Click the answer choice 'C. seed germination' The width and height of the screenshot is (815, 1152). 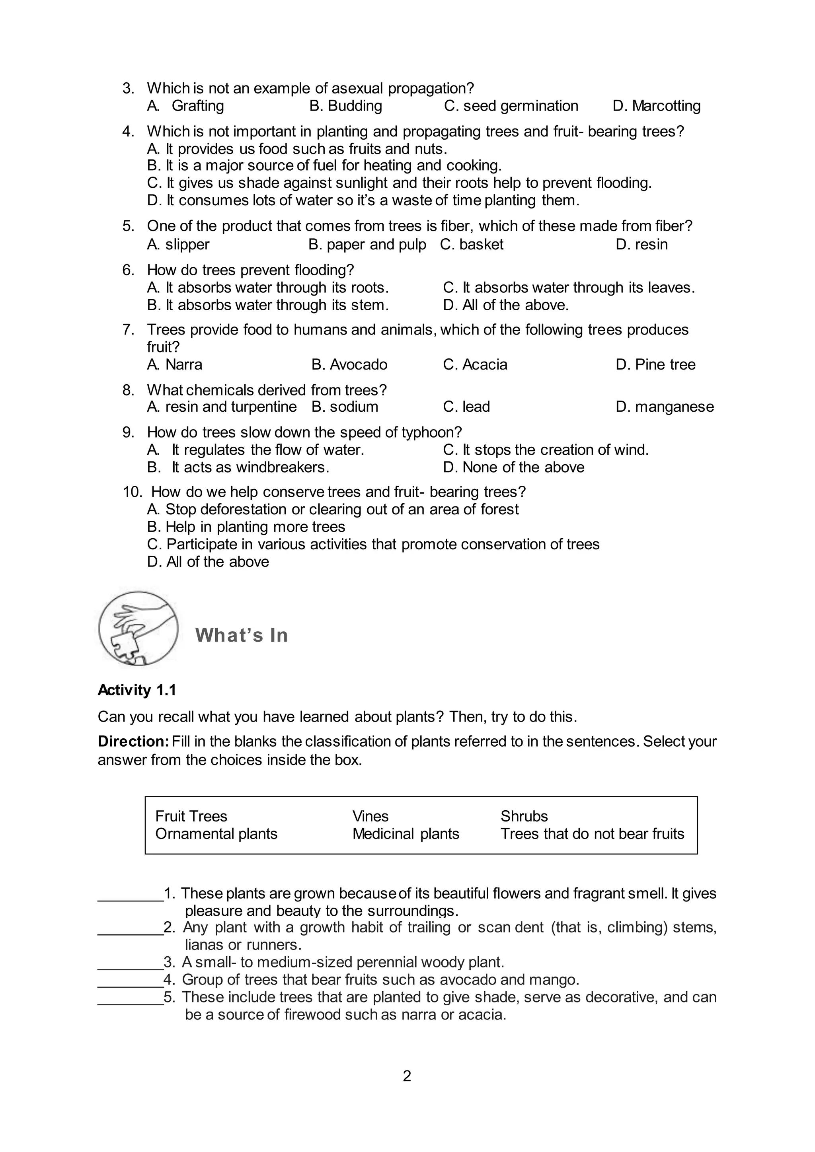511,106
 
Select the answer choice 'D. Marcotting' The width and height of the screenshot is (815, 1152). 656,106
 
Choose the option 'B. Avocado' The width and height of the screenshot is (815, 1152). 349,364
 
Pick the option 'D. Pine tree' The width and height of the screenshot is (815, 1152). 655,364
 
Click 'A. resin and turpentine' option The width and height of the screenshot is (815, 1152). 222,407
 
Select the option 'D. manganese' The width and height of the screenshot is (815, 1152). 665,407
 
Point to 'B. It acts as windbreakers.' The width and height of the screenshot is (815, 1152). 238,467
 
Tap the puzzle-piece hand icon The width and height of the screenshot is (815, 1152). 138,628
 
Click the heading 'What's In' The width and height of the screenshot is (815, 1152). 242,635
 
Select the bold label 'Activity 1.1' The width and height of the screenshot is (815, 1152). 137,691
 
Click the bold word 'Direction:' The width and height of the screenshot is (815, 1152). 133,741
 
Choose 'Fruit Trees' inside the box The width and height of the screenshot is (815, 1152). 191,816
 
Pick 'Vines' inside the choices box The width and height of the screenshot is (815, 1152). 370,816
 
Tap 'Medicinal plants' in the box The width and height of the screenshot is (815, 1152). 406,834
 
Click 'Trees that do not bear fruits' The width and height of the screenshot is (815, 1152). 592,834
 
